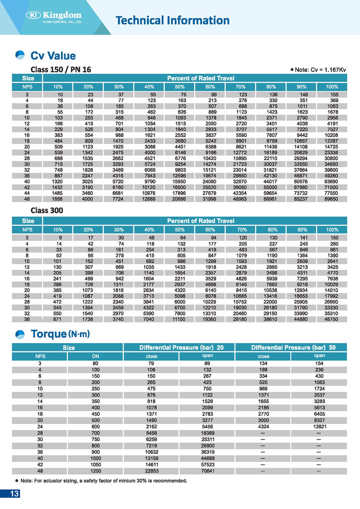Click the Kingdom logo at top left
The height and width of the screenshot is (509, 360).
coord(54,17)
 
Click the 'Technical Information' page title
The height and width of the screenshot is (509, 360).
coord(173,20)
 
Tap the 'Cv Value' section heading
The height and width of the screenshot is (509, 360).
coord(53,56)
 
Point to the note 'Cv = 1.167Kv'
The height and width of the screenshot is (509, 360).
coord(320,70)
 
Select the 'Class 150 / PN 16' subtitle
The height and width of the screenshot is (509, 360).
coord(61,70)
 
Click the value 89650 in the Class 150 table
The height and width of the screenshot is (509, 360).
coord(331,199)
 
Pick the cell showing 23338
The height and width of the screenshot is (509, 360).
coord(331,153)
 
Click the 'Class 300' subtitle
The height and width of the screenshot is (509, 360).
coord(47,210)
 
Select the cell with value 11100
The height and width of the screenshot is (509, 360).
coord(179,319)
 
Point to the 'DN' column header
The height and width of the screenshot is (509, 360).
coord(95,356)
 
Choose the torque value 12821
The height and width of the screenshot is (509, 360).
coord(320,427)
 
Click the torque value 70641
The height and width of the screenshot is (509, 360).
coord(208,471)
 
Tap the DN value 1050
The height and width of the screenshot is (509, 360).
coord(95,465)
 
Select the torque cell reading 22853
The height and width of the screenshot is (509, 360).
coord(151,471)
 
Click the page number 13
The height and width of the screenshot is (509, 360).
coord(14,494)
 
